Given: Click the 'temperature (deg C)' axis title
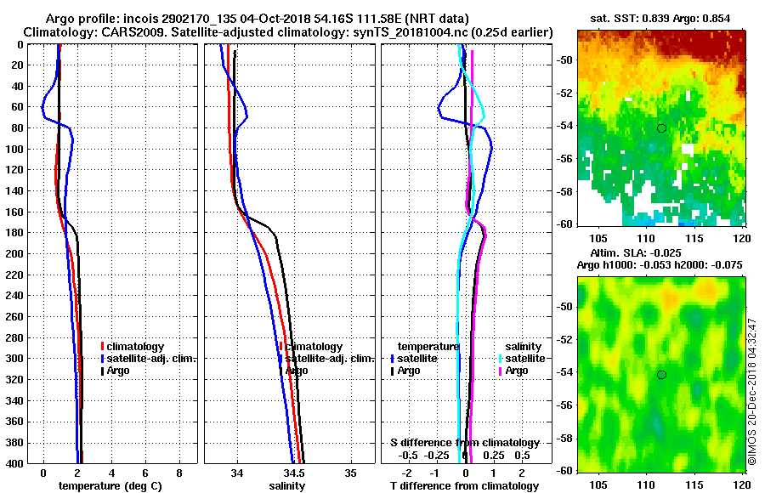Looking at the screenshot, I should [x=111, y=485].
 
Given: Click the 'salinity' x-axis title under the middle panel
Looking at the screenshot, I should [x=287, y=485].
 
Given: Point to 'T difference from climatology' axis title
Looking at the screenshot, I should [x=464, y=485].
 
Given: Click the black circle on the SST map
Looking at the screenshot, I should [x=661, y=128].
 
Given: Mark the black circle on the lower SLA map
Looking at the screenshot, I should [x=661, y=375].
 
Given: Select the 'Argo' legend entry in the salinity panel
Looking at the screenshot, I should [x=297, y=371].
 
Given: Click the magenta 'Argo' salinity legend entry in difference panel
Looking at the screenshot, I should [x=517, y=371].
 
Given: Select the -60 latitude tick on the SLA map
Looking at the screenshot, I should [x=564, y=469].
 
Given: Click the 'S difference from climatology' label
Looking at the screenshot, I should [x=465, y=443].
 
